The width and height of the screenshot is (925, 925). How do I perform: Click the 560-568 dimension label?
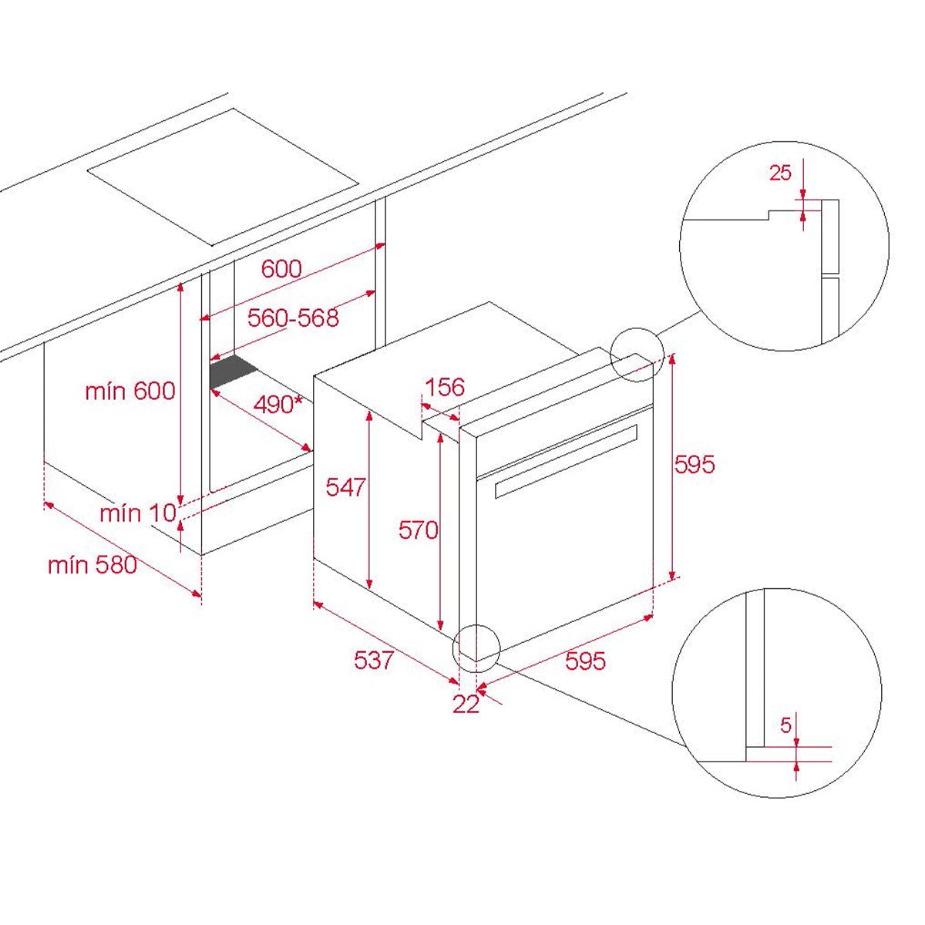(x=293, y=318)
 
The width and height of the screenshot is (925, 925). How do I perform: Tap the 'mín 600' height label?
(x=130, y=391)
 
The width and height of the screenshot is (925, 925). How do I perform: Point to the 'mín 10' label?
(x=138, y=513)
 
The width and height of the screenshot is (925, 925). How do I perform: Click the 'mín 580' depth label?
(x=92, y=565)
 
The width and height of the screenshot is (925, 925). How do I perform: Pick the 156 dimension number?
(x=445, y=387)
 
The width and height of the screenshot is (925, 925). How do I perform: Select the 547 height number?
(x=345, y=487)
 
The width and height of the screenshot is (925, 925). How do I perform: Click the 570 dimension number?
(x=418, y=530)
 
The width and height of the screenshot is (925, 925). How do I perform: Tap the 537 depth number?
(x=374, y=660)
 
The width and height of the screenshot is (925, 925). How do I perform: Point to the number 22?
(x=466, y=705)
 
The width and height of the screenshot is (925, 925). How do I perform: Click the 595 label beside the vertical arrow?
(x=695, y=464)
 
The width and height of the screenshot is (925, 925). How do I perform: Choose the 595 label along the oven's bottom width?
(x=585, y=661)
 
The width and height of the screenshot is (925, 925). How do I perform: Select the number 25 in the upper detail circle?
(x=780, y=173)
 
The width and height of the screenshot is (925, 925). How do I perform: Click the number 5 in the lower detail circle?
(x=785, y=725)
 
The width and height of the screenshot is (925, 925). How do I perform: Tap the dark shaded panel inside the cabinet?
(x=234, y=372)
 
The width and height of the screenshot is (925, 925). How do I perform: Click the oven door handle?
(x=566, y=461)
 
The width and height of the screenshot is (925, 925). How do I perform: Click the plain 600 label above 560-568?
(x=281, y=268)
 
